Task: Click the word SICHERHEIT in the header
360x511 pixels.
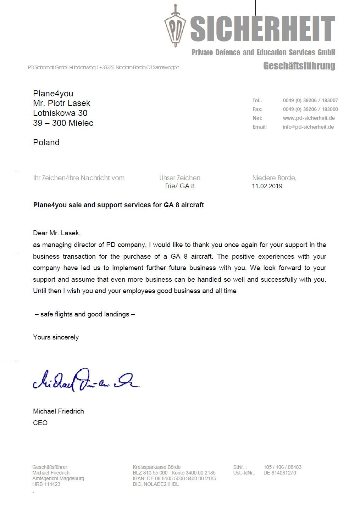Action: tap(263, 28)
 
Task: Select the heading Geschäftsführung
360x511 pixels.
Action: tap(299, 66)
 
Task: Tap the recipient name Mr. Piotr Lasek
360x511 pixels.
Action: tap(62, 103)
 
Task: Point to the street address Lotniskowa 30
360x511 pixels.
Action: tap(60, 113)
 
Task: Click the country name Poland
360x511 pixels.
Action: tap(46, 142)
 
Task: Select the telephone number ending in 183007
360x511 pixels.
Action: tap(310, 100)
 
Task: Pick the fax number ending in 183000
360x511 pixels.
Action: tap(310, 109)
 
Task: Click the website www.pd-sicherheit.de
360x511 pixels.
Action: tap(309, 118)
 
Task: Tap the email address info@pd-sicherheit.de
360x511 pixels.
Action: tap(308, 127)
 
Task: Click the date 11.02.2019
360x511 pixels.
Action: tap(267, 186)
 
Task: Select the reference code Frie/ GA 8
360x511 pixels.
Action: tap(180, 186)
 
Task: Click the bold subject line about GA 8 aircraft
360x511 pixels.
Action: tap(118, 205)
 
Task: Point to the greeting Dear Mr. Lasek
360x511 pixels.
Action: tap(57, 233)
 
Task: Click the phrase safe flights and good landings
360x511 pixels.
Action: tap(85, 314)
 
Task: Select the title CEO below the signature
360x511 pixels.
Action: tap(40, 423)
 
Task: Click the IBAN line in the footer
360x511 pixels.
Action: tap(174, 478)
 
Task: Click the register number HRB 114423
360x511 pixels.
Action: tap(46, 484)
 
